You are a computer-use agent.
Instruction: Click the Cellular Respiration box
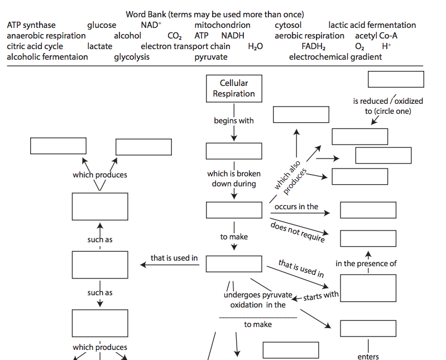(233, 88)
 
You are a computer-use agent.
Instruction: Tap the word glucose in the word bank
(102, 25)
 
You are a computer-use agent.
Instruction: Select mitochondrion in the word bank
(222, 25)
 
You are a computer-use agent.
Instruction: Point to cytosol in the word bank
(288, 25)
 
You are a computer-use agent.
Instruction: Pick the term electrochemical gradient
(335, 57)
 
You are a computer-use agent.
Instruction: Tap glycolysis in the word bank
(132, 57)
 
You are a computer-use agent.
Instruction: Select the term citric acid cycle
(35, 46)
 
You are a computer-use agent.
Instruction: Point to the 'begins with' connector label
(233, 121)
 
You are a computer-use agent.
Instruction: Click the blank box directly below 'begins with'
(233, 151)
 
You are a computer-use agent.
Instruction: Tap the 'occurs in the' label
(296, 207)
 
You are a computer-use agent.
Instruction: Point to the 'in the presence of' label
(366, 263)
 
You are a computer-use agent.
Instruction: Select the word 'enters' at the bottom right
(368, 357)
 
